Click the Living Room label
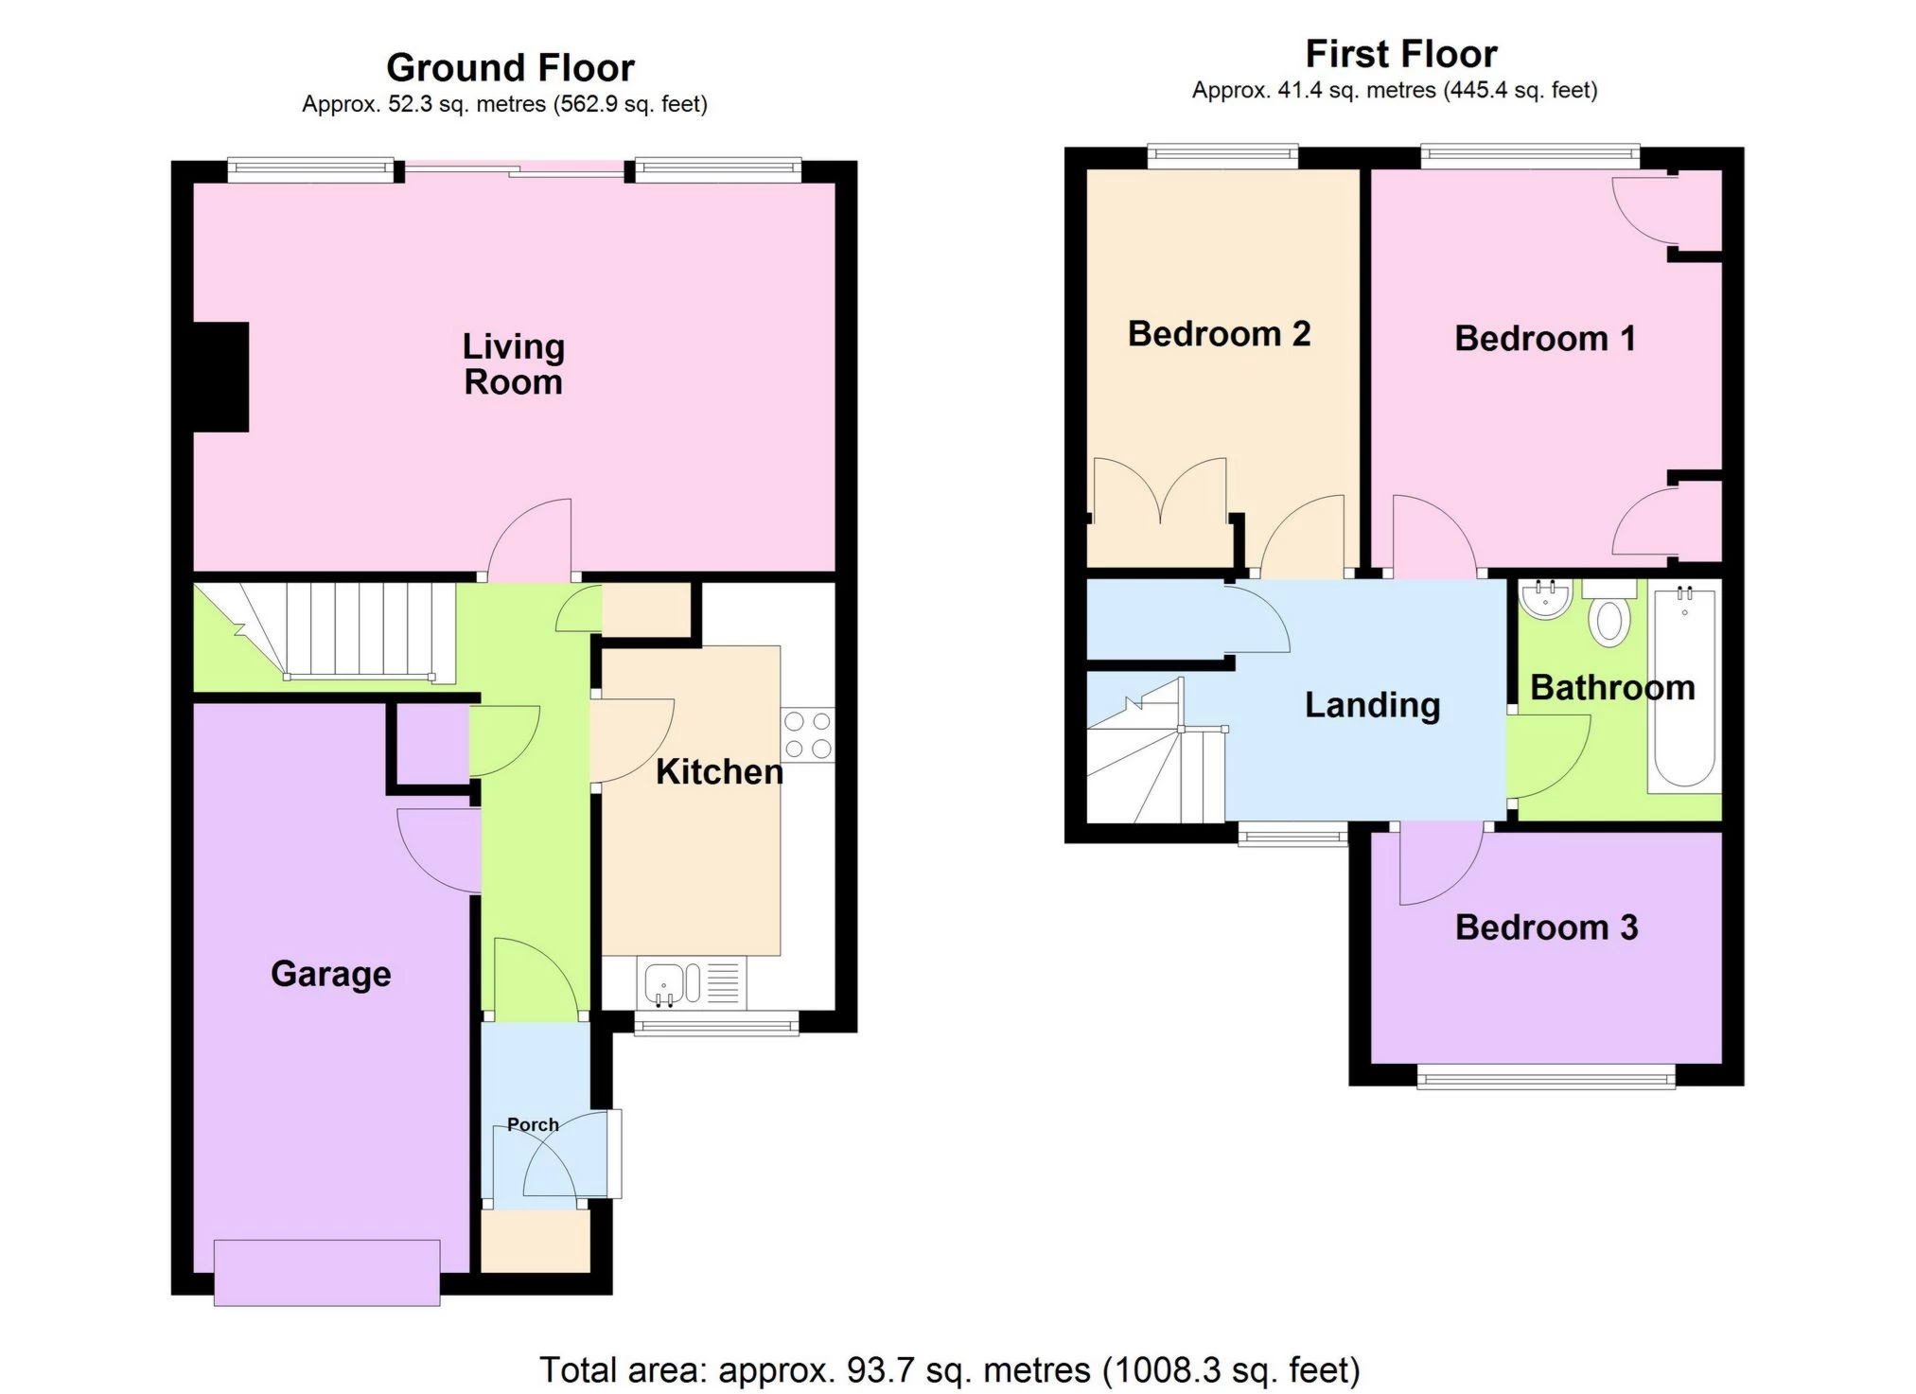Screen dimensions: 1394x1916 [513, 364]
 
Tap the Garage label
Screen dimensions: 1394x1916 [330, 974]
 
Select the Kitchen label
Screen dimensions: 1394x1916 [719, 772]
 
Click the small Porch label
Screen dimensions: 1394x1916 [533, 1124]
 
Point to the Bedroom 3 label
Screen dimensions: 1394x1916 [1546, 927]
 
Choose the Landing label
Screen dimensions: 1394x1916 [1372, 705]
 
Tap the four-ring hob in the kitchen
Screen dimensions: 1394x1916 [807, 735]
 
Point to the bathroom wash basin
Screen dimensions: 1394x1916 [1546, 599]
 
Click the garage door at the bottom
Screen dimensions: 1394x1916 [326, 1273]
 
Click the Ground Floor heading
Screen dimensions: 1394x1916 [510, 68]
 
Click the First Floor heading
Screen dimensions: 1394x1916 [1400, 54]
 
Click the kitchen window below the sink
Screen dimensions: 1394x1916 [716, 1024]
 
